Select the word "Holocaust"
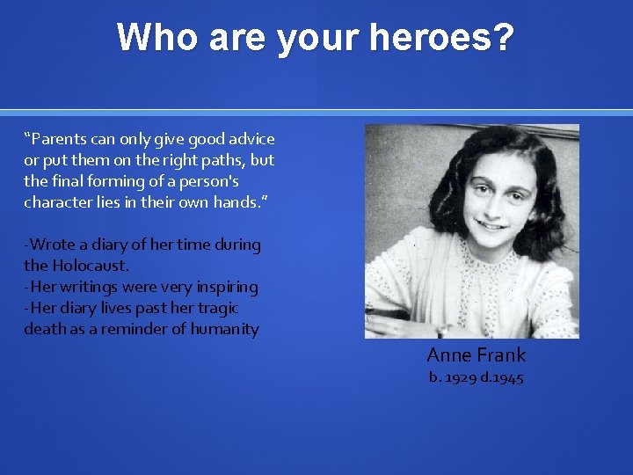coord(91,266)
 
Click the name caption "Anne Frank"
coord(476,355)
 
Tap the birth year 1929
coord(461,377)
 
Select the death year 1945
coord(505,377)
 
